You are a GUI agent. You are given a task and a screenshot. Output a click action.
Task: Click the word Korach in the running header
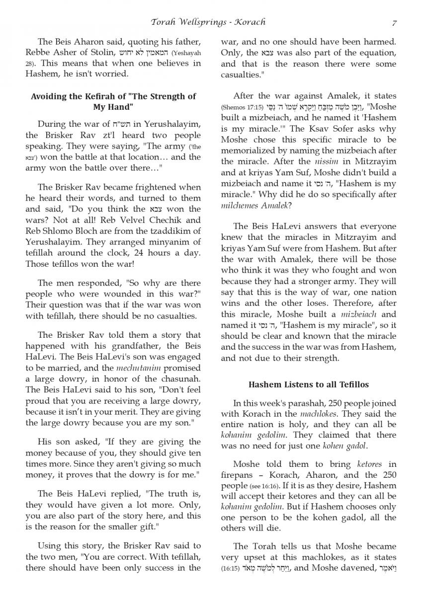pos(250,22)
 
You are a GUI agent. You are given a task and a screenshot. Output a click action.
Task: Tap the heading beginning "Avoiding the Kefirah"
pos(113,101)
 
